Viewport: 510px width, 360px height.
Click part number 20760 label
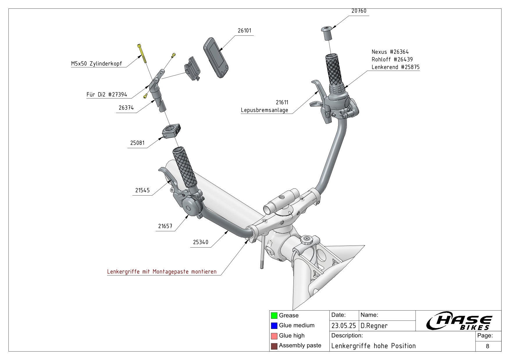pyautogui.click(x=359, y=11)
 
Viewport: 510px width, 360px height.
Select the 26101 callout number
pyautogui.click(x=244, y=31)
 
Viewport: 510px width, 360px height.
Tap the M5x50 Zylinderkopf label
pyautogui.click(x=97, y=64)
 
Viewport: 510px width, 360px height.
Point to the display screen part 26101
pyautogui.click(x=216, y=57)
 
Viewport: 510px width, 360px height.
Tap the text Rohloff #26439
pyautogui.click(x=392, y=59)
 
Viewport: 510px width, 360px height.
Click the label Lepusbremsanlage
pyautogui.click(x=264, y=110)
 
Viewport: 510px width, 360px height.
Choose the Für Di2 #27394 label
pyautogui.click(x=107, y=94)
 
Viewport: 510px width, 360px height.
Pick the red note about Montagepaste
pyautogui.click(x=162, y=272)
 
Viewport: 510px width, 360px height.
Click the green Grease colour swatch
pyautogui.click(x=274, y=316)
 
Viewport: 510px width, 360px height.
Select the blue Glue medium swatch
pyautogui.click(x=274, y=325)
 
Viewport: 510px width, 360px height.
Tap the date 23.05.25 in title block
pyautogui.click(x=343, y=326)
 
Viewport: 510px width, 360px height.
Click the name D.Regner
pyautogui.click(x=374, y=326)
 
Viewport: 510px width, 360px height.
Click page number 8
pyautogui.click(x=487, y=346)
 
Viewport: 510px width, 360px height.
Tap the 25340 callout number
pyautogui.click(x=201, y=242)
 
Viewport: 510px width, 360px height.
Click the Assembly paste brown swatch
pyautogui.click(x=274, y=346)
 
